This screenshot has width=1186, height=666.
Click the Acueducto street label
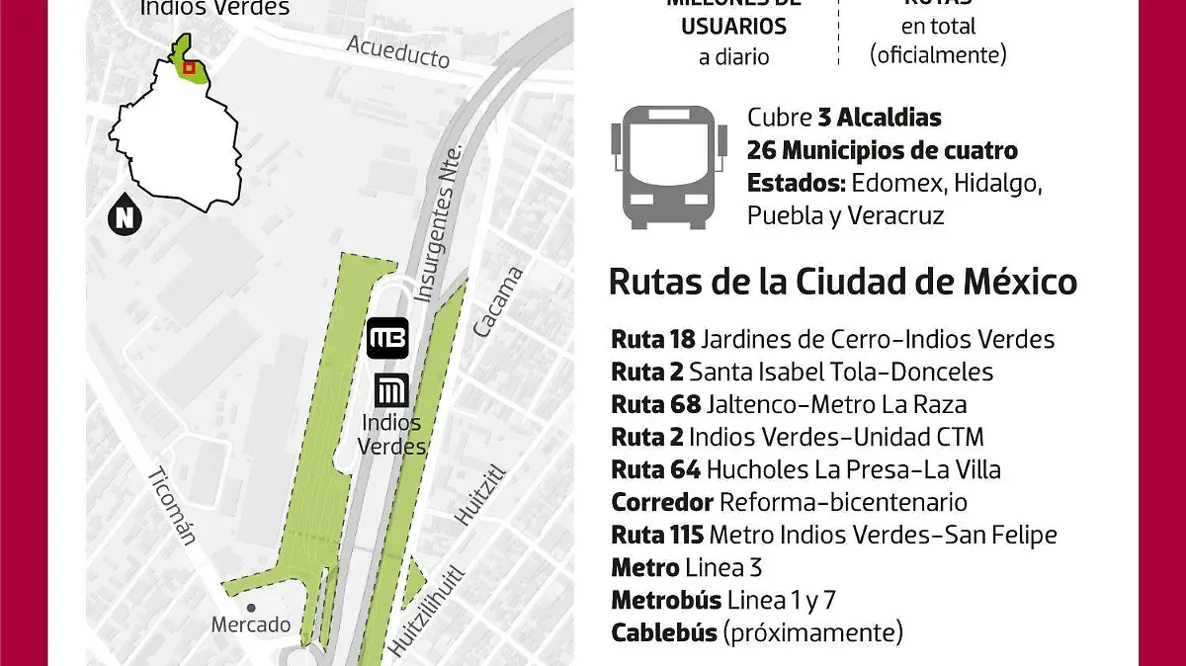[x=398, y=51]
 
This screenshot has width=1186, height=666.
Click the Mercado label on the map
[x=251, y=624]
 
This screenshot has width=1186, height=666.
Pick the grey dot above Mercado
[x=252, y=608]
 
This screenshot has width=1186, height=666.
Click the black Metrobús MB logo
[x=387, y=339]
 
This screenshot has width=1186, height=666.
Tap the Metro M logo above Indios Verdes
[x=392, y=390]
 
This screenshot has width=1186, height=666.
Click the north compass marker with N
[x=124, y=216]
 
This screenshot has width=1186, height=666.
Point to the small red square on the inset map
[x=190, y=68]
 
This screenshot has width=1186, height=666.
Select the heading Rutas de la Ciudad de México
[x=842, y=283]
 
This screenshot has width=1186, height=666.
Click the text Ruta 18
[x=653, y=340]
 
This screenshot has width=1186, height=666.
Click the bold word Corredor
[x=662, y=502]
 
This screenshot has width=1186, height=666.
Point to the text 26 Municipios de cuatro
[x=883, y=151]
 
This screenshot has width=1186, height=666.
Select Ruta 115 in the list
[x=657, y=535]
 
